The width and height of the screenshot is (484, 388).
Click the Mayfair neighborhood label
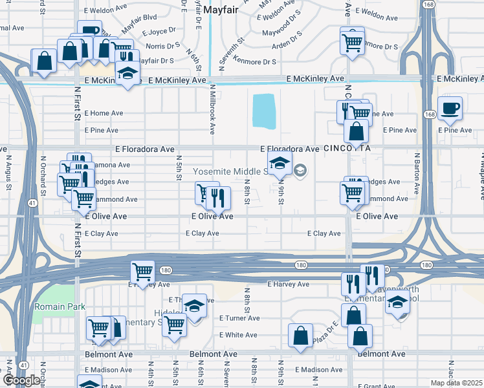[x=221, y=10]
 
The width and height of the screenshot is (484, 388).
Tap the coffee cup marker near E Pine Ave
[x=450, y=109]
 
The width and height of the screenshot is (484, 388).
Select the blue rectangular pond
[x=263, y=111]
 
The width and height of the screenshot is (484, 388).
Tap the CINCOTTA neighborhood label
[x=347, y=148]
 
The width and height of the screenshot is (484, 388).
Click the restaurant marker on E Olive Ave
[x=218, y=199]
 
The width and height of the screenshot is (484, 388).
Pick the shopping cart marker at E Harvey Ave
[x=142, y=272]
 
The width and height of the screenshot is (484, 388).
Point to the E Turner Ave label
[x=239, y=318]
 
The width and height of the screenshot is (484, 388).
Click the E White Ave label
[x=238, y=335]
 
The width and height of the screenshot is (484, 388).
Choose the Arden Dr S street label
[x=287, y=45]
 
